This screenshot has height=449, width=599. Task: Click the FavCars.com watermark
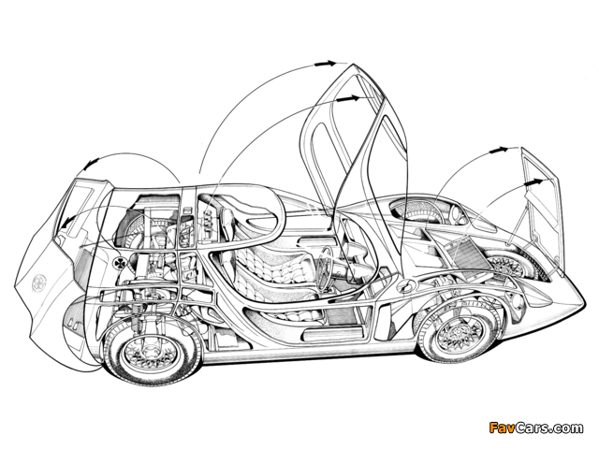click(535, 428)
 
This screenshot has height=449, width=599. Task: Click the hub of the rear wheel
click(137, 353)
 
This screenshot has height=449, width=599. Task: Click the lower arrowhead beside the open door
click(352, 97)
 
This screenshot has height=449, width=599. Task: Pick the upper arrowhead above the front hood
click(505, 149)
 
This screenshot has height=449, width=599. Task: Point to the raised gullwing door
click(351, 140)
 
